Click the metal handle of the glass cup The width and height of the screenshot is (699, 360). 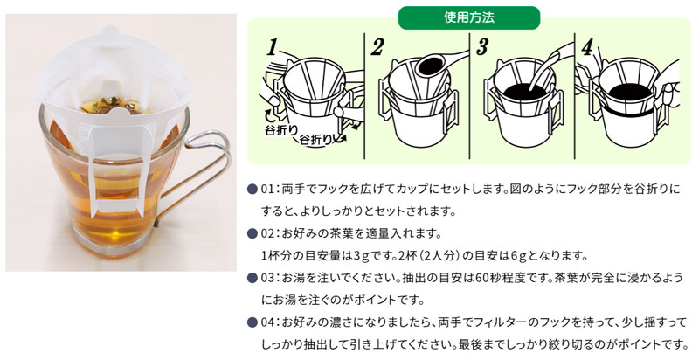203,175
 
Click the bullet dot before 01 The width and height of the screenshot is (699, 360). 252,190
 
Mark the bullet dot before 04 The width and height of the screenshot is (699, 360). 252,322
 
